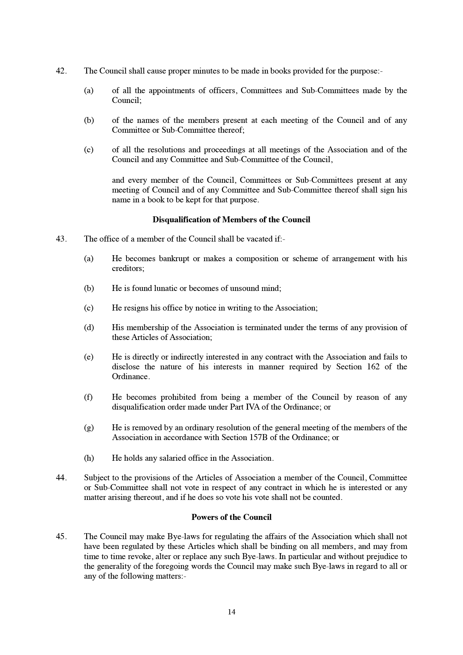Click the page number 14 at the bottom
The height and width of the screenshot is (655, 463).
[231, 612]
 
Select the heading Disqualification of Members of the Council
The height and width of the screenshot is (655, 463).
[231, 220]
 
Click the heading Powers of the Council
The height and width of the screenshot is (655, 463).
[231, 517]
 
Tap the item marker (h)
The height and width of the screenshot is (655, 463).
[89, 458]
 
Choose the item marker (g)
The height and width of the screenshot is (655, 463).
[89, 428]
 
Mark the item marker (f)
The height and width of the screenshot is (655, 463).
[88, 397]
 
